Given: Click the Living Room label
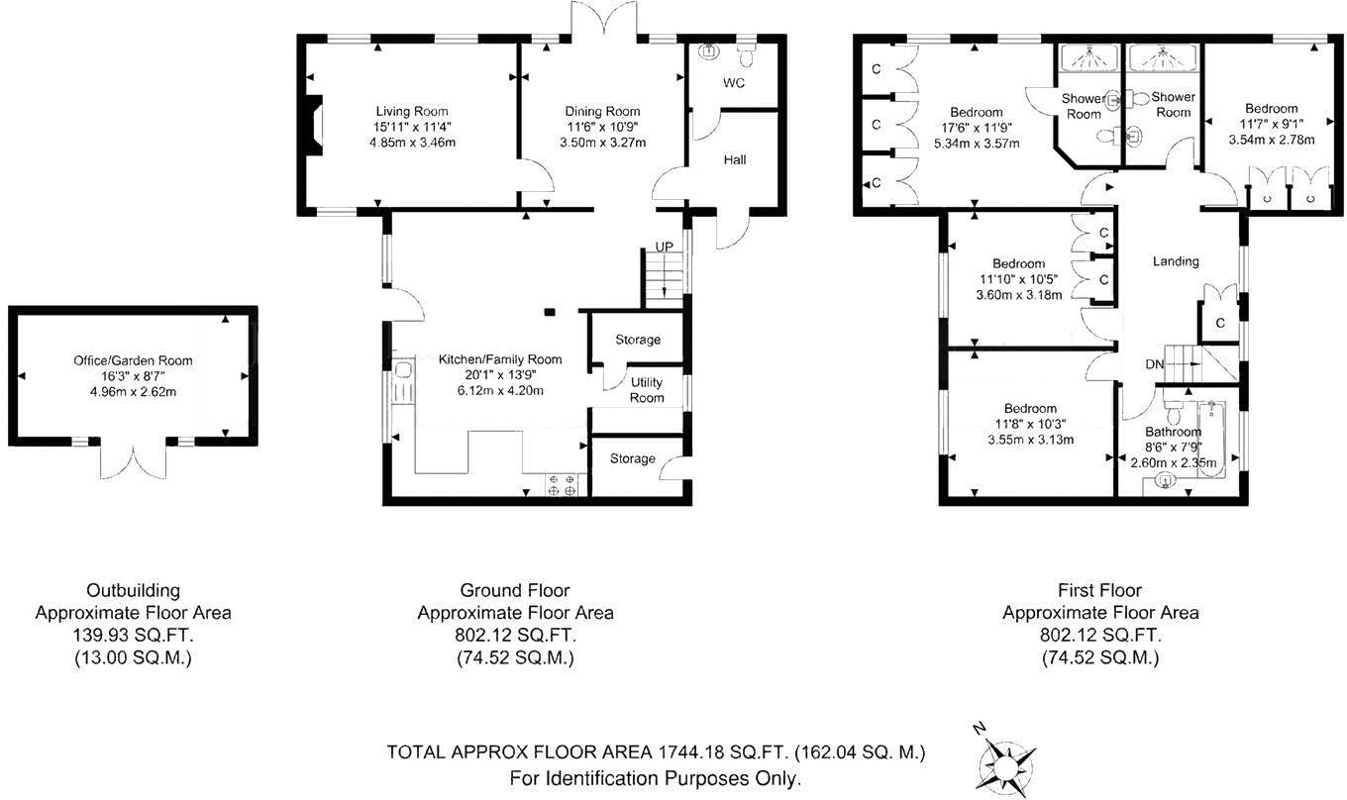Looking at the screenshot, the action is click(x=412, y=111).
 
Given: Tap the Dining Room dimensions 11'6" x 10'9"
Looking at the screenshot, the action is click(x=601, y=127).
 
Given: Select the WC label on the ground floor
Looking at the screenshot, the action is click(x=734, y=83).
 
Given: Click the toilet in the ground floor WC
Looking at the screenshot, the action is click(x=747, y=54).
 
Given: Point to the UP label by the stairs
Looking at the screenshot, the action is click(x=664, y=248).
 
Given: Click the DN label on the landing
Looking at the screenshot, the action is click(x=1155, y=364).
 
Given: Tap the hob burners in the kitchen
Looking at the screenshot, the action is click(x=562, y=486).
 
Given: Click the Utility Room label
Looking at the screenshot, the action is click(x=647, y=390).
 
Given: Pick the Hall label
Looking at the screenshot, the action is click(x=735, y=159).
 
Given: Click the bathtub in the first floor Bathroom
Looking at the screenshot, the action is click(x=1211, y=440).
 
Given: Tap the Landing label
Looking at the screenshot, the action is click(x=1176, y=261).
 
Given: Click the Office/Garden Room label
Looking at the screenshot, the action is click(x=133, y=360).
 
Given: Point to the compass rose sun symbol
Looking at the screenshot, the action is click(x=1005, y=767).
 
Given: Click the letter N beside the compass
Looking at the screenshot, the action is click(x=980, y=729).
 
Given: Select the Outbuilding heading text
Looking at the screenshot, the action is click(x=133, y=590).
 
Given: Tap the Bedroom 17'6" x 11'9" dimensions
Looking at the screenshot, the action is click(x=976, y=128).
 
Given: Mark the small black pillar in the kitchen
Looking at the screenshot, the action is click(x=550, y=311).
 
